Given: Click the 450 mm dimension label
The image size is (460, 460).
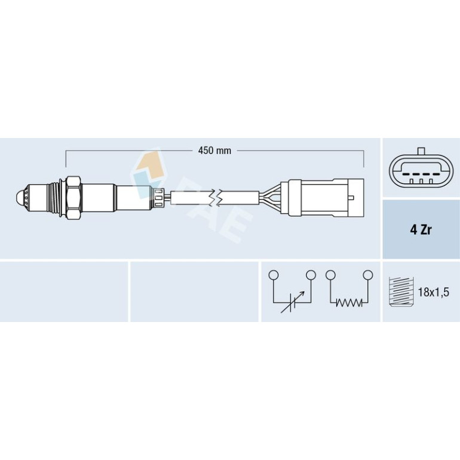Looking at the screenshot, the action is click(x=214, y=151).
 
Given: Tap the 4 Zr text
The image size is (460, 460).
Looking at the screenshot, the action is click(x=421, y=230).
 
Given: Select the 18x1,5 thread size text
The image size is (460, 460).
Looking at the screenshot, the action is click(x=434, y=292).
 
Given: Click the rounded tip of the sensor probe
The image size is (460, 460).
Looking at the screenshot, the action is click(x=19, y=198).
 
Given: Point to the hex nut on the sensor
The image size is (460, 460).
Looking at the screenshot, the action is click(x=73, y=198).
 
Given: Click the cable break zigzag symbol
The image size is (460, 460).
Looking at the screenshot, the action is click(x=216, y=197).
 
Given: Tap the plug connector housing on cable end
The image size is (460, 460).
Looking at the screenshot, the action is click(x=322, y=198).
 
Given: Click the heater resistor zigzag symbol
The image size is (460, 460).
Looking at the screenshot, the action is click(x=349, y=302).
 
